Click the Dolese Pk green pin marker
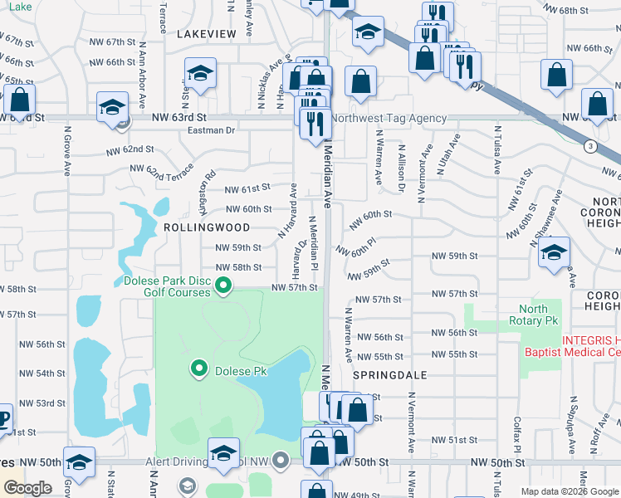click(x=199, y=368)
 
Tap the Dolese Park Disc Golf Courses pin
click(x=223, y=287)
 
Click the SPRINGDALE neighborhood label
click(x=389, y=375)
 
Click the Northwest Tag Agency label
click(x=389, y=119)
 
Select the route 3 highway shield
click(x=589, y=146)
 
